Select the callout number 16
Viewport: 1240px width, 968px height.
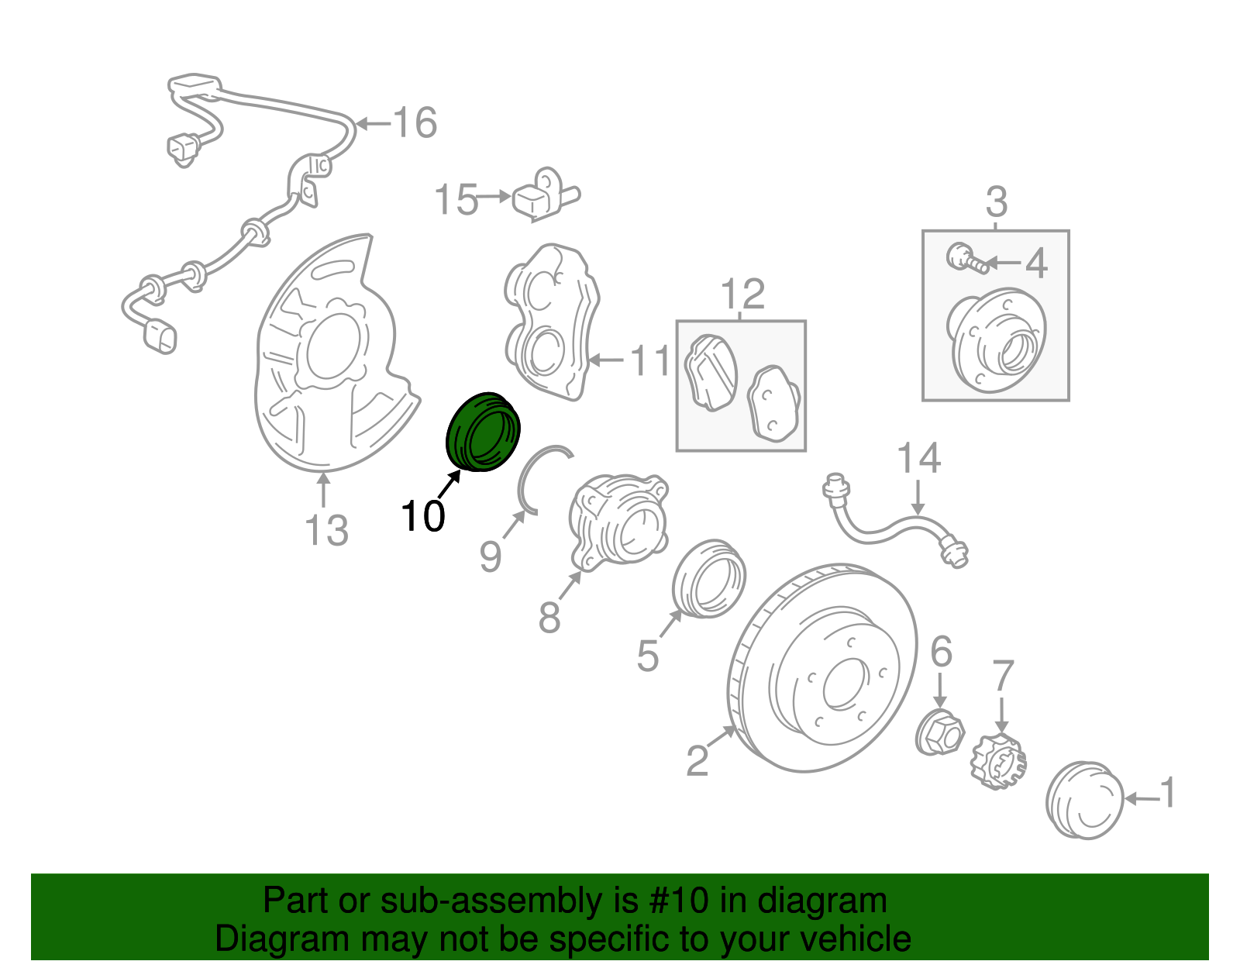click(x=415, y=122)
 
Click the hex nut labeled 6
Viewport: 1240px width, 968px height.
click(x=939, y=732)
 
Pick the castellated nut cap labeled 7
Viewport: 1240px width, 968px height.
click(x=998, y=762)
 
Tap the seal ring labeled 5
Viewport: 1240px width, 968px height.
click(x=708, y=579)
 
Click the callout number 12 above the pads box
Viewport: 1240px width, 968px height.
click(x=742, y=295)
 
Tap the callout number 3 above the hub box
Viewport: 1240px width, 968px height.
click(x=996, y=202)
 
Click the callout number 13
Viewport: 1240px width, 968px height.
click(x=326, y=531)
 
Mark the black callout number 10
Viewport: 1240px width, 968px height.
click(x=423, y=515)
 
